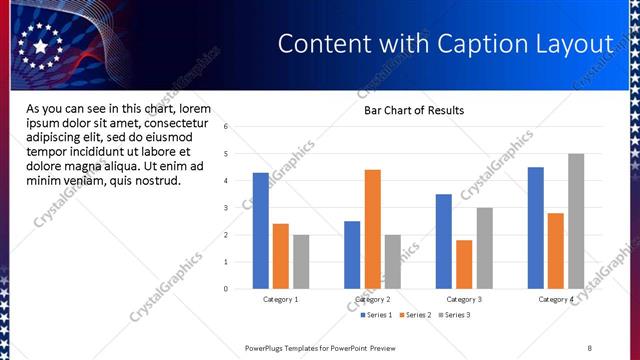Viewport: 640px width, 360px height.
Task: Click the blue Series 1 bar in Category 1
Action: pos(261,231)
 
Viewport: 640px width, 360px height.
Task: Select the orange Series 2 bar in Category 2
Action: pos(372,229)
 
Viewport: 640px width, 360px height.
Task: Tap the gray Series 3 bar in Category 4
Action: pos(576,221)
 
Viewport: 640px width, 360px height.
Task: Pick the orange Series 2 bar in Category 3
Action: pos(464,264)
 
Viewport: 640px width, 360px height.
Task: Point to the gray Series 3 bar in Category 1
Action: pos(301,262)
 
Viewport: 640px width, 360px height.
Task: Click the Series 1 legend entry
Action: pos(376,315)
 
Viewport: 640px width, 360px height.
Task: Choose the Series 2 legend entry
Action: pos(415,315)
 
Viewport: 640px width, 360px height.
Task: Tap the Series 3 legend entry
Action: pos(455,315)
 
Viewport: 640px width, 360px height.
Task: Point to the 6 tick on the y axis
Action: pos(227,127)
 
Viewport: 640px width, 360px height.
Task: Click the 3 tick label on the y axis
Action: pos(227,208)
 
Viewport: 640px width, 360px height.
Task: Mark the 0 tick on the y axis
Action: pos(227,289)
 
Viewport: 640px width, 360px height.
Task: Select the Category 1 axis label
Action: pos(281,299)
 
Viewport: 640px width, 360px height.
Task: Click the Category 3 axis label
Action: pos(464,299)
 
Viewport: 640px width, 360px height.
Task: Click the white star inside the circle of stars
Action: pos(40,46)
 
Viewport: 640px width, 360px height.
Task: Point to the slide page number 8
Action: pos(590,347)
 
